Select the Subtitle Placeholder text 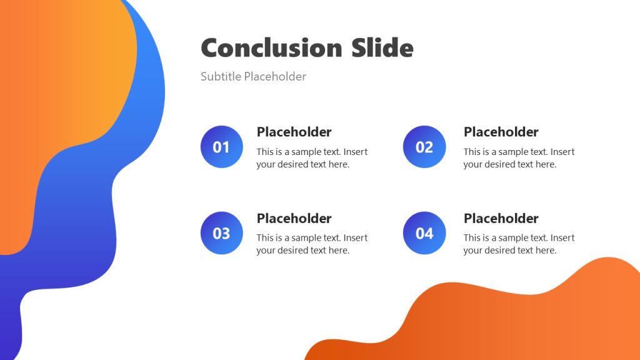[253, 77]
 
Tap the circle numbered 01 [221, 147]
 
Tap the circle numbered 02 [424, 147]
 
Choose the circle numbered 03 [221, 233]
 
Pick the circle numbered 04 [424, 233]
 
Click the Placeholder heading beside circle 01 [294, 132]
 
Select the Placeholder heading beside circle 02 [501, 132]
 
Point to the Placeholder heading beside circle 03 [294, 218]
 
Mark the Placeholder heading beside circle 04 [501, 218]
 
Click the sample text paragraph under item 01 [311, 158]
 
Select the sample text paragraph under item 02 [518, 158]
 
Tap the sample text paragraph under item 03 [311, 244]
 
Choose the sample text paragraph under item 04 [518, 244]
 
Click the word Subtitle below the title [221, 77]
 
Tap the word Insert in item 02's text [562, 152]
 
